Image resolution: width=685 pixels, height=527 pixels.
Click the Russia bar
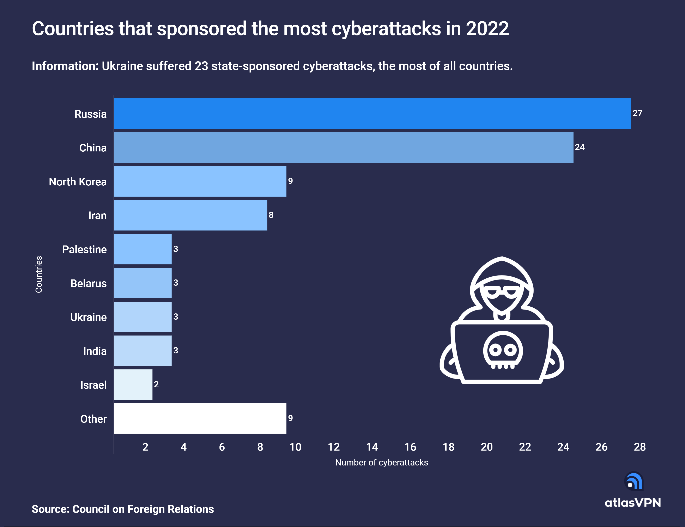pyautogui.click(x=372, y=114)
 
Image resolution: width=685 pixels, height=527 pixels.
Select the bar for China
pyautogui.click(x=344, y=147)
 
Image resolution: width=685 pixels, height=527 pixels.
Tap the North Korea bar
pyautogui.click(x=200, y=181)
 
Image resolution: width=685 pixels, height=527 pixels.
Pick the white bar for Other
pyautogui.click(x=200, y=418)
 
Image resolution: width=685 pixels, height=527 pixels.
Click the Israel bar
pyautogui.click(x=133, y=385)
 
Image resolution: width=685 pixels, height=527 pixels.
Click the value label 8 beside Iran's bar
pyautogui.click(x=271, y=215)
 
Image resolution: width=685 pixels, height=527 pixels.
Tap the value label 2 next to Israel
pyautogui.click(x=156, y=384)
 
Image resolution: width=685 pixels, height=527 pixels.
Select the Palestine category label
pyautogui.click(x=84, y=249)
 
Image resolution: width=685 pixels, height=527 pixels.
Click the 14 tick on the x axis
pyautogui.click(x=372, y=447)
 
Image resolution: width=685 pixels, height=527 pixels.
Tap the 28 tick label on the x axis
pyautogui.click(x=639, y=447)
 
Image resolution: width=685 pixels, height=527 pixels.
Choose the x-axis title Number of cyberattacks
pyautogui.click(x=382, y=462)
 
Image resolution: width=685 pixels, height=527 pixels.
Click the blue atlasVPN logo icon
pyautogui.click(x=634, y=481)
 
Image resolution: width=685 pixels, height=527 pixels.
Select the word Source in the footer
pyautogui.click(x=50, y=509)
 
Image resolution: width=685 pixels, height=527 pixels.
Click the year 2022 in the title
pyautogui.click(x=487, y=29)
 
